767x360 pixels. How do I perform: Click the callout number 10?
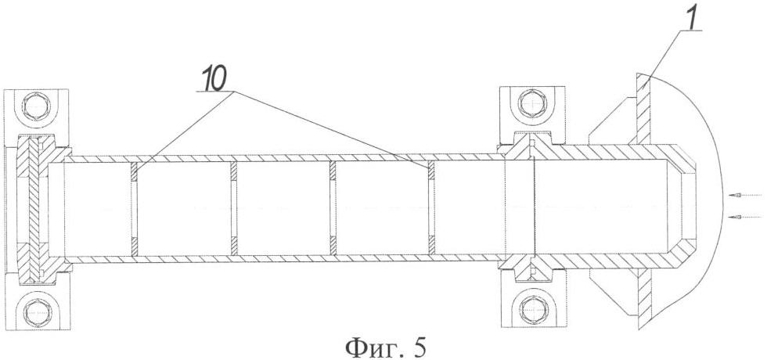213,82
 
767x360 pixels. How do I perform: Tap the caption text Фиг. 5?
385,347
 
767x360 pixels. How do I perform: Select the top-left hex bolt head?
38,106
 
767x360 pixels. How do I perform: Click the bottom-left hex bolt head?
38,312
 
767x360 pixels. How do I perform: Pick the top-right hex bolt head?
532,103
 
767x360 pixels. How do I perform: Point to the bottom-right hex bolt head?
532,309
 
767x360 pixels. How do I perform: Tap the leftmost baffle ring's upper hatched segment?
135,171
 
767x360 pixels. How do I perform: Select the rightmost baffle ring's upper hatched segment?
432,171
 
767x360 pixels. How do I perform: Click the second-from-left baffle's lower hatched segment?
234,246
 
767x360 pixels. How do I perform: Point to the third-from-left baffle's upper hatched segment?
333,171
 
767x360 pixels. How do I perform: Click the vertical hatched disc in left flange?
33,211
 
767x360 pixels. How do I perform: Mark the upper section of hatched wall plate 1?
643,109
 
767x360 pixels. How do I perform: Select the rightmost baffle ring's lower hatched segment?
432,246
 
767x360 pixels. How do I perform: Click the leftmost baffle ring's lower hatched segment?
135,246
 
